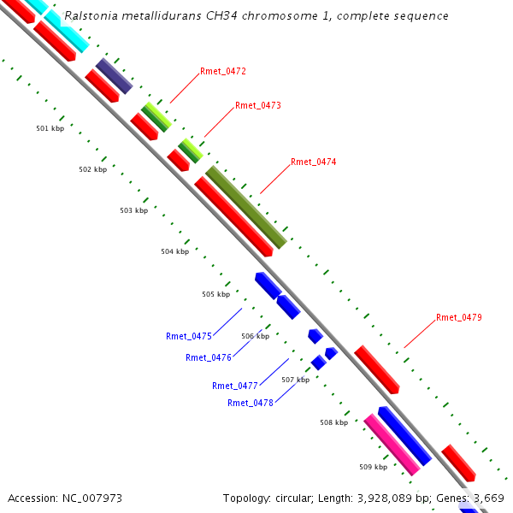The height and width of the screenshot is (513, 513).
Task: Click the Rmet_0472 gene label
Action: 222,71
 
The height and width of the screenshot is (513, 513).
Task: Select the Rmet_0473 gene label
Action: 257,105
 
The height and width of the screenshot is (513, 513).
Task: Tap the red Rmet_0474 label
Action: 313,162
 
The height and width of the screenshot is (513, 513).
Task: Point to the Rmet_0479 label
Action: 458,317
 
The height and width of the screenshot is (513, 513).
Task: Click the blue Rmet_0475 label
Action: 188,336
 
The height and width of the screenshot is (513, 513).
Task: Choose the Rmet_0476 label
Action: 208,357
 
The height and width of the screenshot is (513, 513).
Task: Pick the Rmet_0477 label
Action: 234,386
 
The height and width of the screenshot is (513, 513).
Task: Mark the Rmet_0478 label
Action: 250,403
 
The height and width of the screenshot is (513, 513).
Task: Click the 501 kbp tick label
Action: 50,128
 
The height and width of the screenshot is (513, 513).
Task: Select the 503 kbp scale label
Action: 133,210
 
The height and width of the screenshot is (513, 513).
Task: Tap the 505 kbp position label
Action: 215,294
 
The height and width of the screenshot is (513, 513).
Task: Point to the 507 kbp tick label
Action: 295,380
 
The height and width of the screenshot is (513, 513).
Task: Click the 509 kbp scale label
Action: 373,467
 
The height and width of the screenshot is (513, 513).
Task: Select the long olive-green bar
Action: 245,207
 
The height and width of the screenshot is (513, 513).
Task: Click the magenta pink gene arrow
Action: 392,445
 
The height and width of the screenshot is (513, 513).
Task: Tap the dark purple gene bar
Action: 114,76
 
